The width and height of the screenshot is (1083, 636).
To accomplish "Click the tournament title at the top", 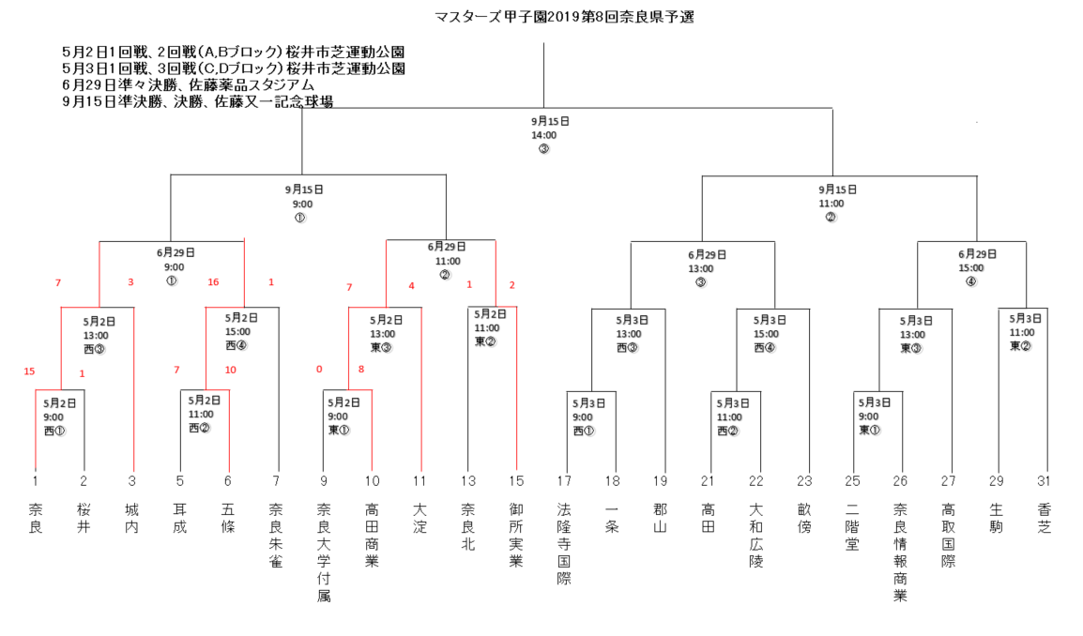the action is point(564,17).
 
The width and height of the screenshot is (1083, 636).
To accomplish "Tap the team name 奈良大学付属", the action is point(324,553).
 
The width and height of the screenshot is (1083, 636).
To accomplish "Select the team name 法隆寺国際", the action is point(564,544).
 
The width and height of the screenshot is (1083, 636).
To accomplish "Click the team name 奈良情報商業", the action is point(900,553).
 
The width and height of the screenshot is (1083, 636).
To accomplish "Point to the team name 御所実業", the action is point(516,536).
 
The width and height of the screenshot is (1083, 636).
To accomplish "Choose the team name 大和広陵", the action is point(756,536).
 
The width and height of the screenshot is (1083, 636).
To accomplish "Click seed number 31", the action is point(1044,480).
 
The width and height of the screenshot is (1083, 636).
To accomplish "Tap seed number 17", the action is point(564,480).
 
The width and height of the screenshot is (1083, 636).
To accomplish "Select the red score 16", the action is point(213,281).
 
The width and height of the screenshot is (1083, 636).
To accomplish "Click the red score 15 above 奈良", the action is point(29,371).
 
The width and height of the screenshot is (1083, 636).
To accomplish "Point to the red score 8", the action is point(360,369).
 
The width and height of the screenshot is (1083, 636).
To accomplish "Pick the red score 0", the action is point(319,369).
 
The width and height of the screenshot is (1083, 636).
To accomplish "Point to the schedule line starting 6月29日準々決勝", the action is point(188,85).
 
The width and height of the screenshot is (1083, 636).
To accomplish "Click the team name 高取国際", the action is point(948,536).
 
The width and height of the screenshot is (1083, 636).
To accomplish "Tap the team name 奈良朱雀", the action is point(276,536).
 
